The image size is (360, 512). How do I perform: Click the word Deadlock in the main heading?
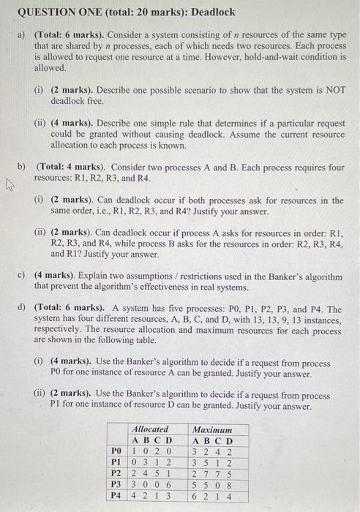[212, 12]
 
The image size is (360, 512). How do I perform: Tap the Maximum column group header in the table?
[211, 429]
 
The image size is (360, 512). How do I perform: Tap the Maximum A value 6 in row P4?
[195, 494]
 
